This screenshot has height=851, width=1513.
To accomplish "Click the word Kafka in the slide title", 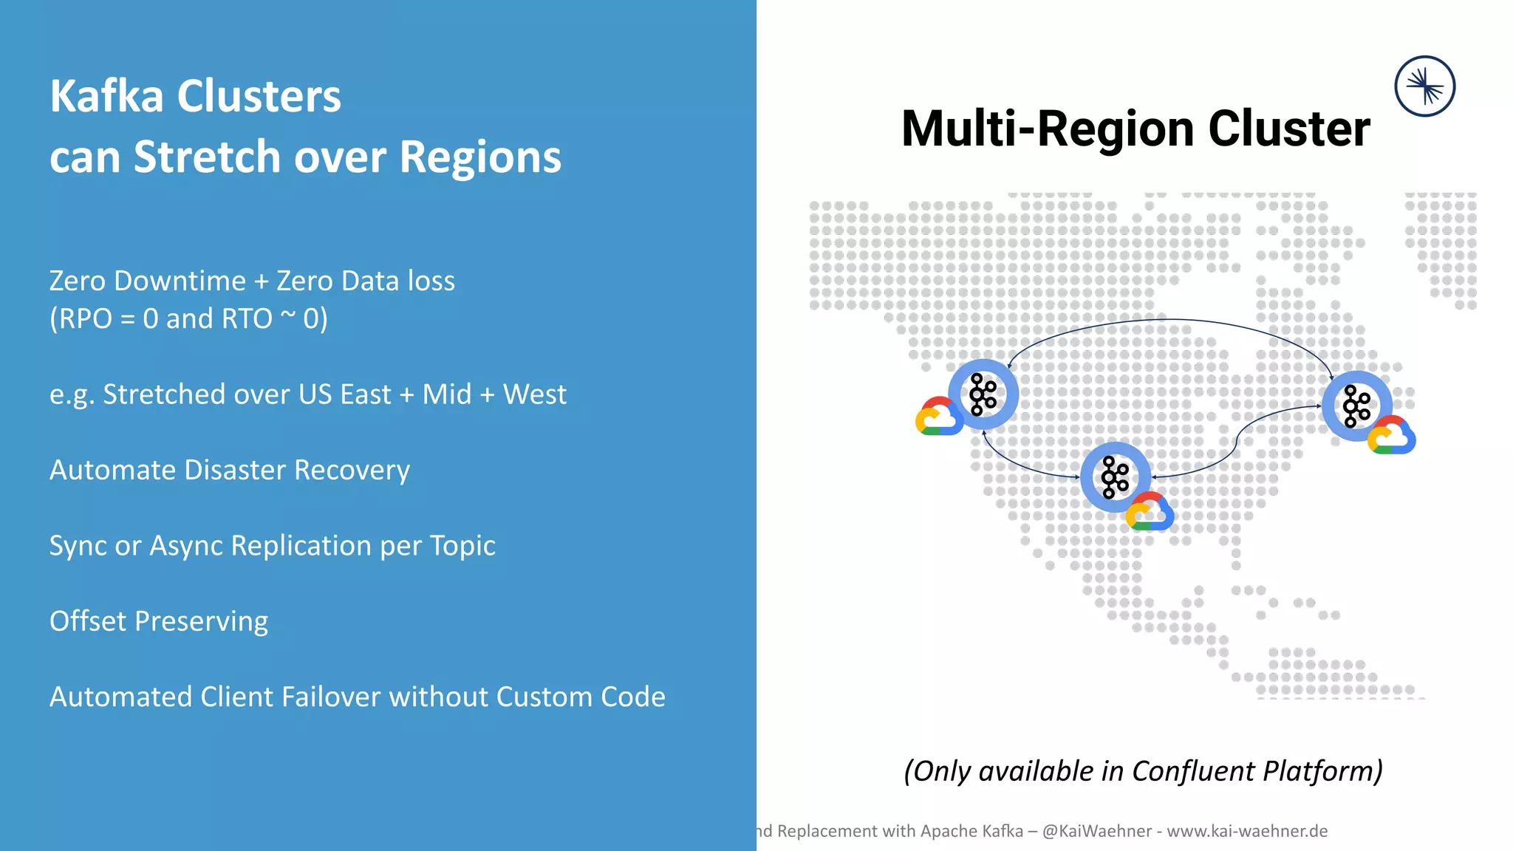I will [106, 97].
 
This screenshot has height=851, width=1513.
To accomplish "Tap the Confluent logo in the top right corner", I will [1424, 86].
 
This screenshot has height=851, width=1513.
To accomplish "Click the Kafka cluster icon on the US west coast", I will [983, 394].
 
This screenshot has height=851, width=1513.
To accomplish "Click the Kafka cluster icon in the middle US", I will [1115, 477].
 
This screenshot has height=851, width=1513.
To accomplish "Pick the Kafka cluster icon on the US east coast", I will [1356, 406].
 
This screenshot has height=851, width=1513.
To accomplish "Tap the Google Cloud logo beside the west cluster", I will [939, 417].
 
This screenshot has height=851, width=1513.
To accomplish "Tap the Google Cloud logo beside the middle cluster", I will [1150, 512].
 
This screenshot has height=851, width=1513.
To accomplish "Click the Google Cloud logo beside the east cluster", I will [1391, 435].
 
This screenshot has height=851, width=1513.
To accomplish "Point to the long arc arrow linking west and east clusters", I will [1171, 320].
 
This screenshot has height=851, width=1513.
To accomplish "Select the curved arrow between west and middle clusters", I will [1020, 465].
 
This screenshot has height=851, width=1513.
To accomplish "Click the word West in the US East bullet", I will [534, 394].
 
